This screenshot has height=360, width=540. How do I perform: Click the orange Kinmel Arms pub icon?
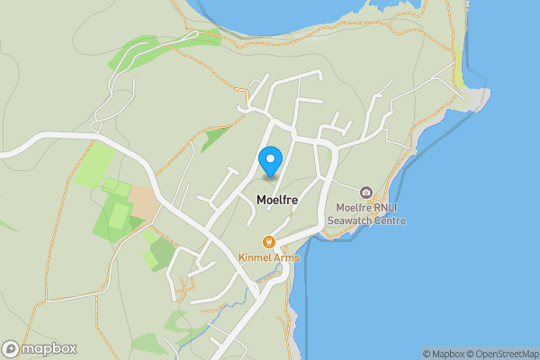point(268,241)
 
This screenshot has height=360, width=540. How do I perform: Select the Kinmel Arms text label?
point(268,257)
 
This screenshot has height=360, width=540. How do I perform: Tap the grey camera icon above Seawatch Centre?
point(366,193)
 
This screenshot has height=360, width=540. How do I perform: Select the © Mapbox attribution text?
point(445,354)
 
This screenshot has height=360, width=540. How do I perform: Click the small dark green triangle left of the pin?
point(215,138)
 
